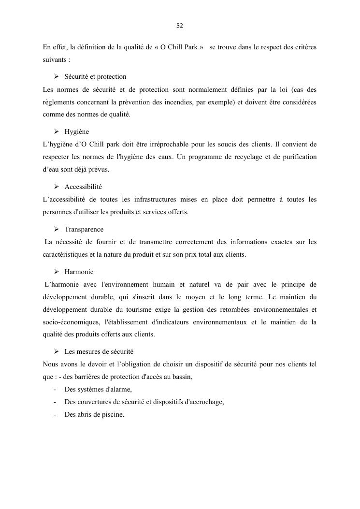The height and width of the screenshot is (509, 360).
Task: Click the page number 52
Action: (x=180, y=25)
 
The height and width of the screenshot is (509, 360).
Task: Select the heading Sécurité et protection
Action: (x=95, y=76)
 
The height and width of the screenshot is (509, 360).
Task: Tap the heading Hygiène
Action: (x=76, y=131)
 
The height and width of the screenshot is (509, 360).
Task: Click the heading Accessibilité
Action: (x=83, y=187)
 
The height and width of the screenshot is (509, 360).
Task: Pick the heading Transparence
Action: (x=84, y=229)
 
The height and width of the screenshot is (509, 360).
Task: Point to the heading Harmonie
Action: (x=79, y=272)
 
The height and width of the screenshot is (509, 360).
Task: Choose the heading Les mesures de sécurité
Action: (x=99, y=351)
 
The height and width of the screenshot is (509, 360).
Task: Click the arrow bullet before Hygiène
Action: (x=56, y=131)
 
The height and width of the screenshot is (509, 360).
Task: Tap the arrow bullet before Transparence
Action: (x=56, y=229)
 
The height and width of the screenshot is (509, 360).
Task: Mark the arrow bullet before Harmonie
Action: (x=56, y=272)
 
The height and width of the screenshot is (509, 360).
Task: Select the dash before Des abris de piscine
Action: (x=55, y=414)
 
